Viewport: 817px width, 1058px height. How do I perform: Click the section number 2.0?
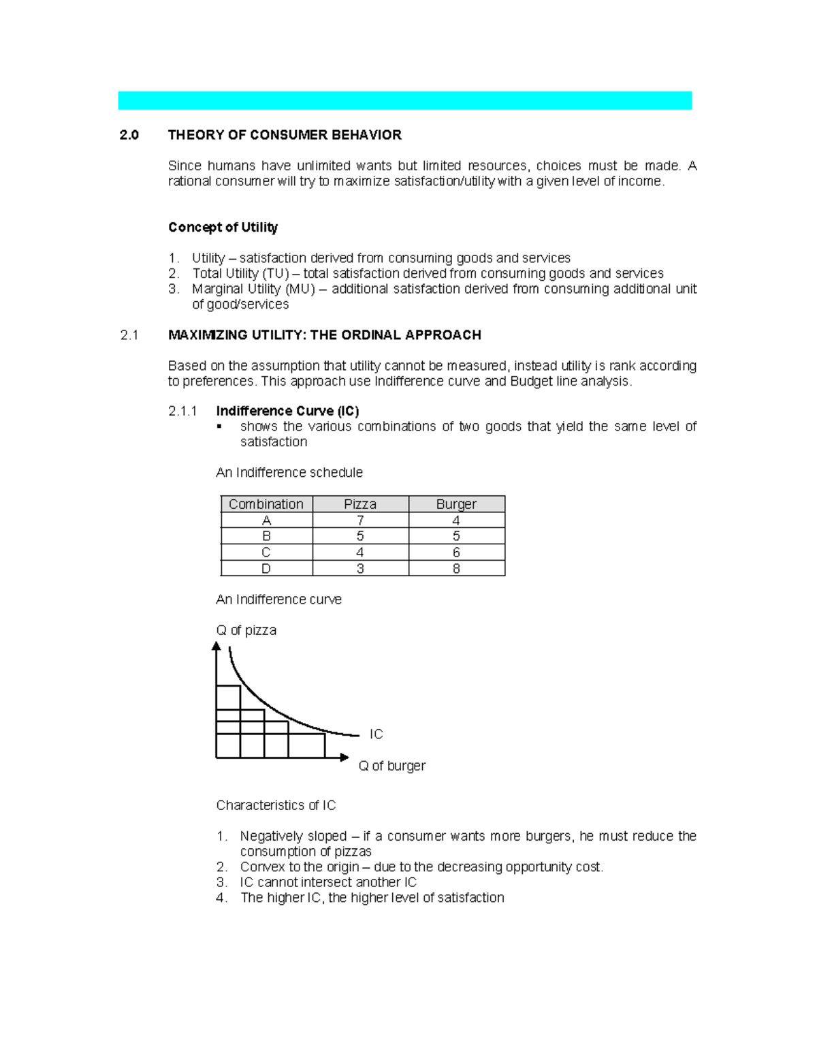(129, 135)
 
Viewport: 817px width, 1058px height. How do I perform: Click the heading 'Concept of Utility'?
(223, 228)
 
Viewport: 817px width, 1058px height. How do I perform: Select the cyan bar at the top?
(404, 100)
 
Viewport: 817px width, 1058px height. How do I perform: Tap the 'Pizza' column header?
(360, 504)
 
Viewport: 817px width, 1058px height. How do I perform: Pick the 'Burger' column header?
(456, 504)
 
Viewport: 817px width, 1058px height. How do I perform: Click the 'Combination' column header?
(266, 504)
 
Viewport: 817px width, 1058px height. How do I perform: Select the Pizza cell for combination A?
(360, 520)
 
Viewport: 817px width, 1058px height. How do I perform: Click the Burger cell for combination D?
(456, 569)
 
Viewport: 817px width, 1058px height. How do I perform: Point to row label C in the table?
(266, 553)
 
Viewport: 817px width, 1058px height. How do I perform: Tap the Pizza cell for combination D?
(360, 569)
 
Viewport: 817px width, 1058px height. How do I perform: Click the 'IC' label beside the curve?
(376, 734)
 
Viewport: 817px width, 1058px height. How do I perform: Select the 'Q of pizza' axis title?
(246, 630)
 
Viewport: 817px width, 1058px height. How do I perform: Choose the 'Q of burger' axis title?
(391, 766)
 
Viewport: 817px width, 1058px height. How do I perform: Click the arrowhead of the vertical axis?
(217, 647)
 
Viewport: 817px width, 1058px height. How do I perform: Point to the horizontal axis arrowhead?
(345, 758)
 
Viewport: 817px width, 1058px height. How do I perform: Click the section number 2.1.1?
(182, 411)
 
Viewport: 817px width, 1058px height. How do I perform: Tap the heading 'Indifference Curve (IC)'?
(287, 411)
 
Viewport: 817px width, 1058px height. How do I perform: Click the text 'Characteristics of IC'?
(276, 805)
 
